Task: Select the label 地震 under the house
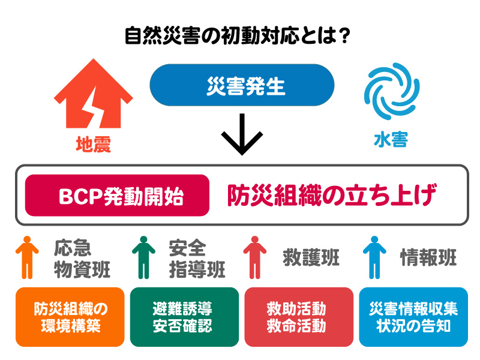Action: tap(94, 144)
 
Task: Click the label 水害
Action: tap(391, 140)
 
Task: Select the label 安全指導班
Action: tap(197, 258)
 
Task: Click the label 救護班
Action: tap(311, 258)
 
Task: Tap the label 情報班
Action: tap(428, 258)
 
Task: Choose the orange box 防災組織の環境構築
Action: tap(70, 317)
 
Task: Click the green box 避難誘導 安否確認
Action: tap(184, 317)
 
